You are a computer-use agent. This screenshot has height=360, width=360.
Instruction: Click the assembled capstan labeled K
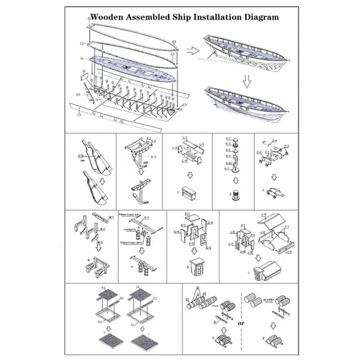pos(235,192)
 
